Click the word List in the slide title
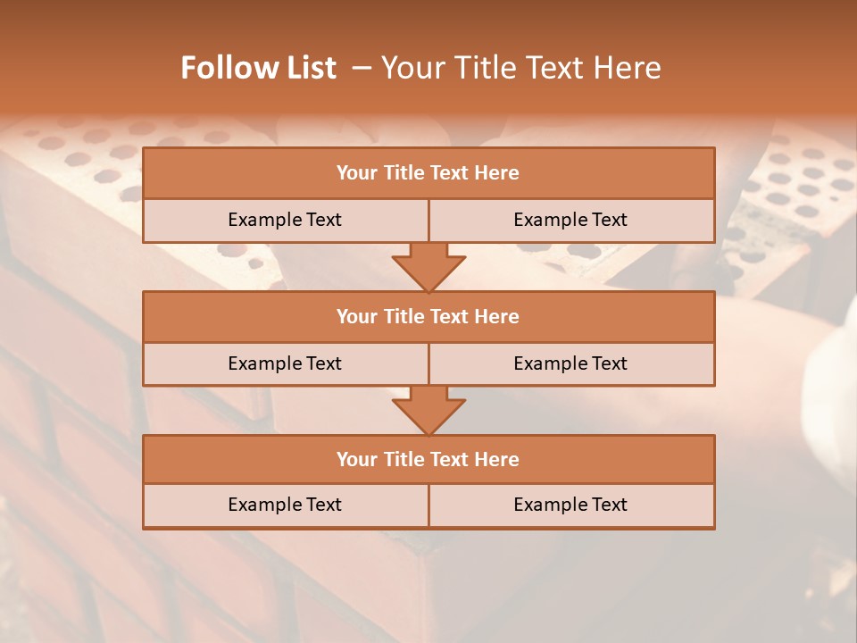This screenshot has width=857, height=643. pyautogui.click(x=307, y=68)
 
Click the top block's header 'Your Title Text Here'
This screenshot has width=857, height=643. pyautogui.click(x=428, y=173)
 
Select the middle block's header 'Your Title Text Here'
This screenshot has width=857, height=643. pyautogui.click(x=428, y=316)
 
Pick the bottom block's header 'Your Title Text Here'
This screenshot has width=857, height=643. pyautogui.click(x=428, y=459)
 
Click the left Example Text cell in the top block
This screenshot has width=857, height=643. pyautogui.click(x=285, y=220)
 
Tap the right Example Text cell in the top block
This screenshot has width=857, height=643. pyautogui.click(x=570, y=220)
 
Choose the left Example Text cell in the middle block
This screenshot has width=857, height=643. pyautogui.click(x=285, y=363)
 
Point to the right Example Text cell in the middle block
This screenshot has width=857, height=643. pyautogui.click(x=570, y=363)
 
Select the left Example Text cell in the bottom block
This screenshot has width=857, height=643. pyautogui.click(x=285, y=505)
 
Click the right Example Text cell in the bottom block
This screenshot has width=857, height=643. pyautogui.click(x=570, y=505)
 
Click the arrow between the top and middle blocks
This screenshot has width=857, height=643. pyautogui.click(x=428, y=266)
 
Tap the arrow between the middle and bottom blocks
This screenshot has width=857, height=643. pyautogui.click(x=428, y=410)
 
